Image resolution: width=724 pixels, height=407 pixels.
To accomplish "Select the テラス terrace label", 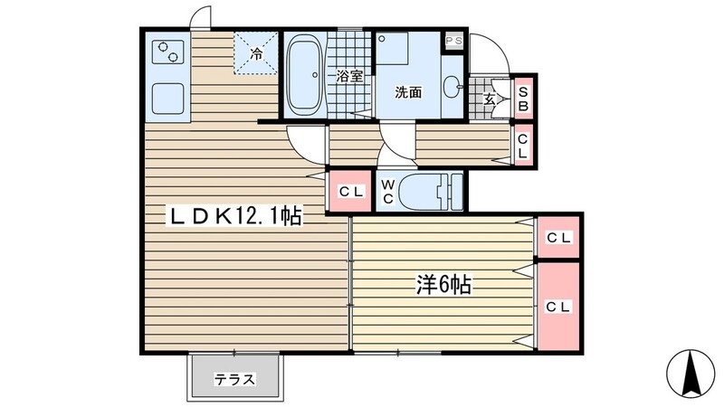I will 234,379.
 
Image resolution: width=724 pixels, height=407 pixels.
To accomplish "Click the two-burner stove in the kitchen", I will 166,52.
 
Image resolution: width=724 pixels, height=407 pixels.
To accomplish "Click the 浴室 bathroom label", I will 349,76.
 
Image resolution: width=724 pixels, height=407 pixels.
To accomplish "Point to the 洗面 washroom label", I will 408,91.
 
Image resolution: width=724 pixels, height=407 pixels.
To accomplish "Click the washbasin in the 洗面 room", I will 453,88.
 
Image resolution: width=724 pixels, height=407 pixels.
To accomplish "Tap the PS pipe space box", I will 453,42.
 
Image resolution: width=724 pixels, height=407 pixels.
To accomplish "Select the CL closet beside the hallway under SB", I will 523,146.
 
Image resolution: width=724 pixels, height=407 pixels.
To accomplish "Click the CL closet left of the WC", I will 349,192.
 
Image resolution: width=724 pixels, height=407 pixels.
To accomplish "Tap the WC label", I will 387,192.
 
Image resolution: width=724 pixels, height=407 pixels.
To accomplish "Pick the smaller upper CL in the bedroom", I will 557,238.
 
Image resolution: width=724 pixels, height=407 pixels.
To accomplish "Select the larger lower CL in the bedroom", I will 557,307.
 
